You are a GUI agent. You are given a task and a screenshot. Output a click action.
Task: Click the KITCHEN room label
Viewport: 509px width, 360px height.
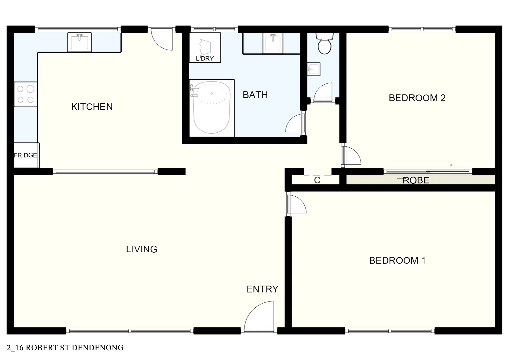coord(92,107)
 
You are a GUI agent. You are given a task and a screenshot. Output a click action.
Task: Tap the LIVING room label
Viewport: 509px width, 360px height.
coord(142,249)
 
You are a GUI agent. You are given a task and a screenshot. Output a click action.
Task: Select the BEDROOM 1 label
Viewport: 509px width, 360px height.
coord(397,260)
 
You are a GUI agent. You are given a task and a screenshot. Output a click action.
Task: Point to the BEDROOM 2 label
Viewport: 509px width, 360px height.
coord(417,98)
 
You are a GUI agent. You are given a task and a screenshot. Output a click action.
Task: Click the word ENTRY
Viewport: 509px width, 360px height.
coord(262,289)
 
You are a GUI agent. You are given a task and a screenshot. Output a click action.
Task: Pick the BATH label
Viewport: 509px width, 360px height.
coord(255,95)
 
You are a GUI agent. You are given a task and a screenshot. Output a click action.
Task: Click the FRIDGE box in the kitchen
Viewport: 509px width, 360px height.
coord(26,155)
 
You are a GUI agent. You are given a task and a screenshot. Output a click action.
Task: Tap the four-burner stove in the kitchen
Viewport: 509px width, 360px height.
coord(26,94)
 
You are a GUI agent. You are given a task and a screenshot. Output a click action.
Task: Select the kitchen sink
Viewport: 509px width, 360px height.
coord(79,42)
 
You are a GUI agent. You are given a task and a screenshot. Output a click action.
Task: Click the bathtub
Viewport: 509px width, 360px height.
coord(212,108)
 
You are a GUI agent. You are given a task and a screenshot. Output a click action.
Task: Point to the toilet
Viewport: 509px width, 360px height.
coord(324,43)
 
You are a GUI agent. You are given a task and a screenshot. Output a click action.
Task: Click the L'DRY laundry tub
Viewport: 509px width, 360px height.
coord(205,47)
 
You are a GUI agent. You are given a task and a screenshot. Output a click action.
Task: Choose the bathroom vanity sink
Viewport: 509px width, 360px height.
coord(273,43)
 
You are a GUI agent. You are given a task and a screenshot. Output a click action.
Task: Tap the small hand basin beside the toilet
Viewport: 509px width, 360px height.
coord(313,69)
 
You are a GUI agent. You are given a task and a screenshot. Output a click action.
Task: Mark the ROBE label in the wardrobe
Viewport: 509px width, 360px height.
coord(416,180)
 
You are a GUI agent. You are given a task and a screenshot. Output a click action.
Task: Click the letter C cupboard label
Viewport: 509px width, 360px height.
coord(317,180)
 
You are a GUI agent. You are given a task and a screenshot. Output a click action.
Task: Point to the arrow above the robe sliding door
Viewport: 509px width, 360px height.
coord(454,165)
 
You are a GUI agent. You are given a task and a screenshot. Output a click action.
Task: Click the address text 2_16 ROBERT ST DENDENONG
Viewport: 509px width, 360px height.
coord(65,348)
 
